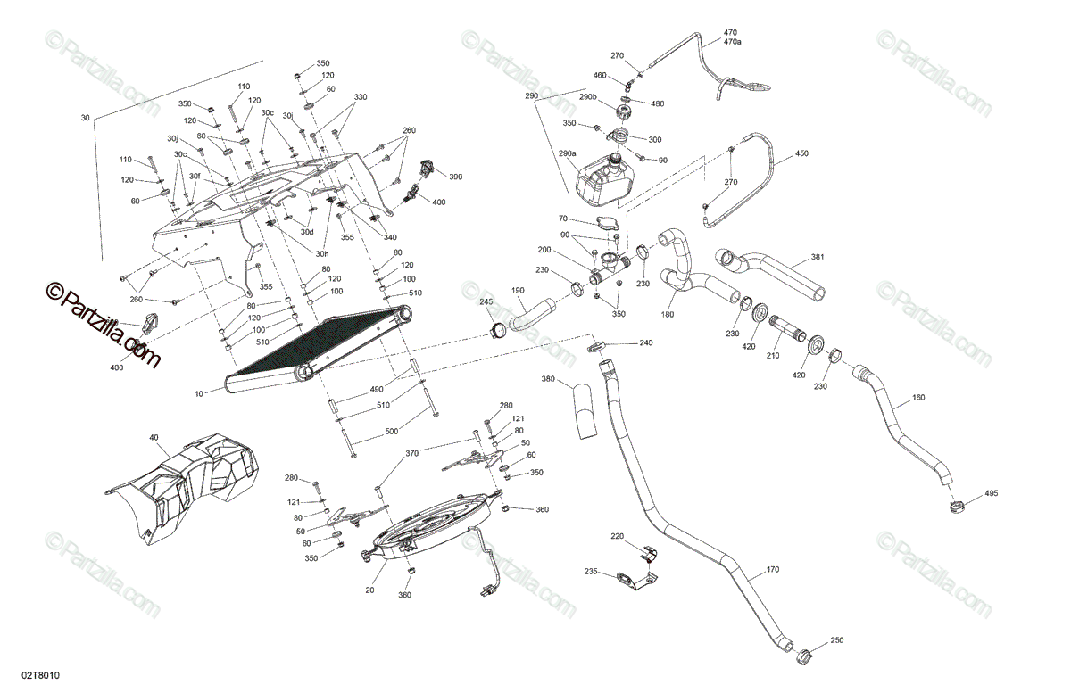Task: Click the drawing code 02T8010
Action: [41, 675]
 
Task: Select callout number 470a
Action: [732, 42]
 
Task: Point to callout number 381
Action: [818, 257]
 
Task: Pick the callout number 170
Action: [773, 569]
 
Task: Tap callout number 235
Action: [591, 571]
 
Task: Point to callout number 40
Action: [154, 437]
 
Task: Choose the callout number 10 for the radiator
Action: [199, 394]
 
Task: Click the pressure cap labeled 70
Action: [607, 224]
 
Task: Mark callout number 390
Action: [456, 177]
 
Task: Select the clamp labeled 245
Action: [498, 329]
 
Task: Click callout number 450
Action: [801, 153]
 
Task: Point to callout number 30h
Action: [322, 254]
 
